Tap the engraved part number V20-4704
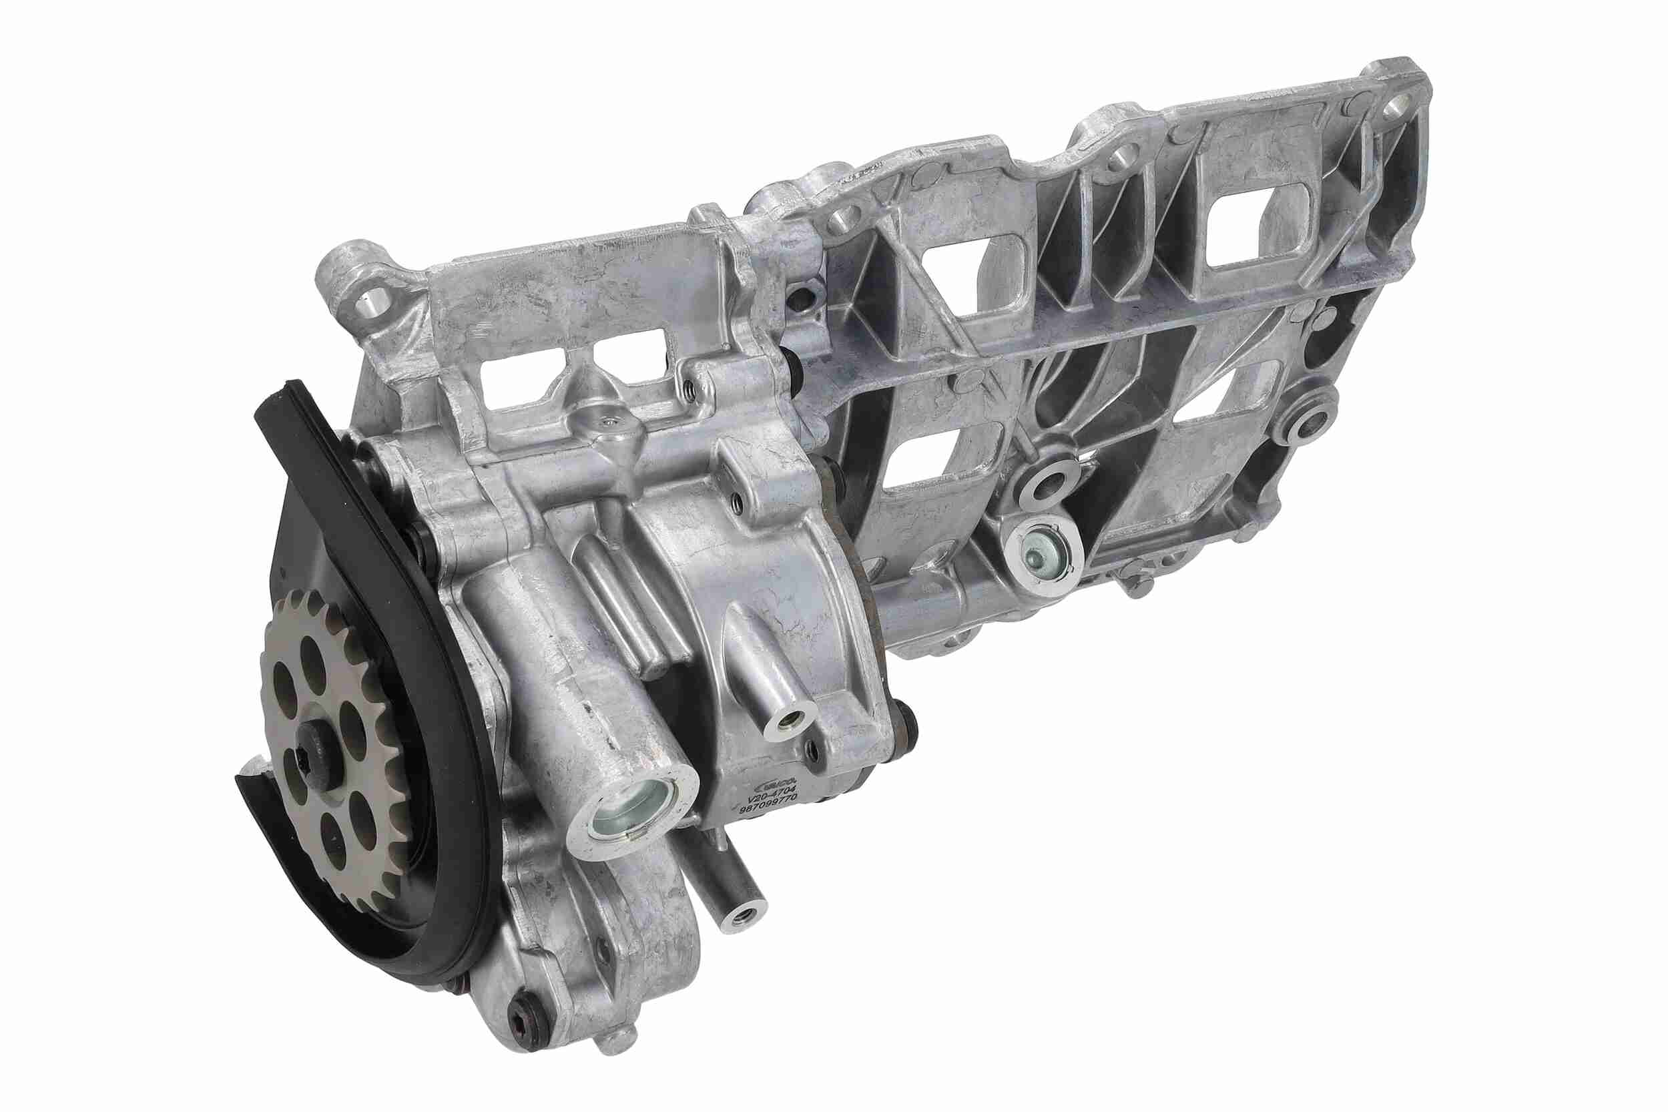[x=775, y=786]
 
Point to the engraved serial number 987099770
[x=770, y=798]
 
